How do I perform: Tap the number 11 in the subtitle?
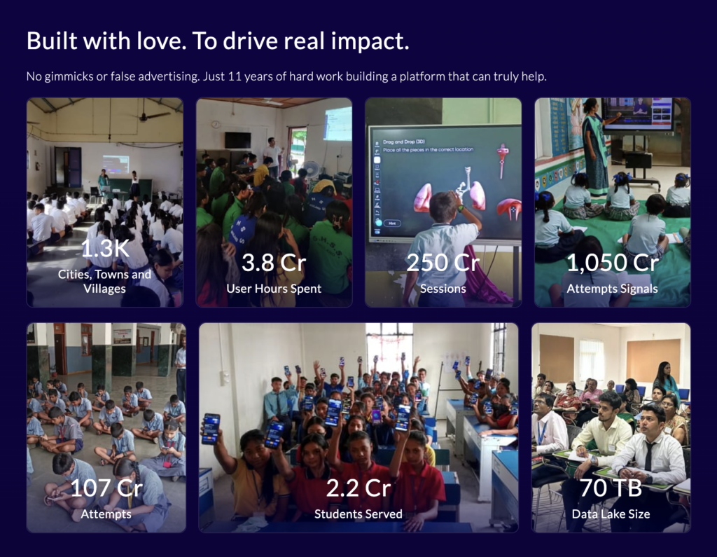pos(234,76)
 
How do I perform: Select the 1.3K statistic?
pos(105,248)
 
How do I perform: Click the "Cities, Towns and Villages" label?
pos(105,282)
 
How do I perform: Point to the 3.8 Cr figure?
pos(274,263)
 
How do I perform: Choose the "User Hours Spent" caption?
pos(274,289)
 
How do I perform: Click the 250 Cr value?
pos(443,263)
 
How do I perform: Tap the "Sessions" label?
pos(443,289)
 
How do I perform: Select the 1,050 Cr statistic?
pos(612,263)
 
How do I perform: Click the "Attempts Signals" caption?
pos(612,289)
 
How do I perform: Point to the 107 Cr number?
pos(106,488)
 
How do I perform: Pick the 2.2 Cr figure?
pos(358,488)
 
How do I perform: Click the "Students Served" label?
pos(358,514)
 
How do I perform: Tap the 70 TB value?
pos(611,488)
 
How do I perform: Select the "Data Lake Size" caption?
pos(611,514)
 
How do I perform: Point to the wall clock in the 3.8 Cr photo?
pos(216,124)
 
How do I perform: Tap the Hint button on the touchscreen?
pos(392,223)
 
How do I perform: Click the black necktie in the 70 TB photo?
pos(649,456)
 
